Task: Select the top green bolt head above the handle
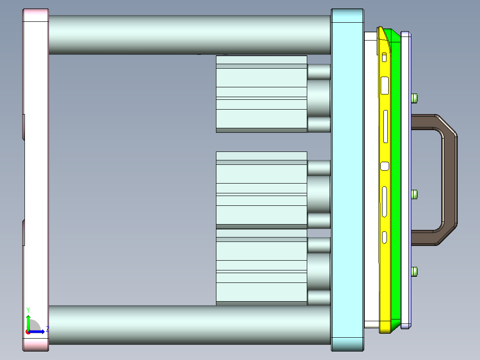pyautogui.click(x=415, y=98)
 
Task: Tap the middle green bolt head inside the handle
pyautogui.click(x=415, y=194)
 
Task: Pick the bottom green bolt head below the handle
pyautogui.click(x=415, y=271)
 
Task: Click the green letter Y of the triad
pyautogui.click(x=28, y=309)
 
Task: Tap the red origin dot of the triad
pyautogui.click(x=28, y=331)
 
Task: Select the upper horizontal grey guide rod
pyautogui.click(x=189, y=35)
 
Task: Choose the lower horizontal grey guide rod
pyautogui.click(x=189, y=325)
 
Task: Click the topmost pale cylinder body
pyautogui.click(x=261, y=94)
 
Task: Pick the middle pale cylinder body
pyautogui.click(x=261, y=190)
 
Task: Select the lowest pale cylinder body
pyautogui.click(x=261, y=267)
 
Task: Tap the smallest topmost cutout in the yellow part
pyautogui.click(x=384, y=57)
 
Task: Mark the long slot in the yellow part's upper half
pyautogui.click(x=386, y=126)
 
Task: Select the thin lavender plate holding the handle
pyautogui.click(x=406, y=178)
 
